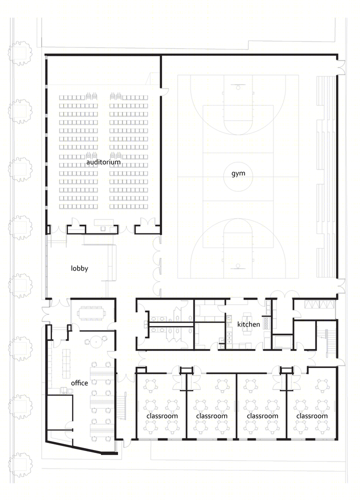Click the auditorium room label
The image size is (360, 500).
click(103, 162)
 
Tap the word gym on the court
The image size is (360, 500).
click(238, 174)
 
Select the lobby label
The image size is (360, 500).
click(79, 268)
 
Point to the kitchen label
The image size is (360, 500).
click(248, 324)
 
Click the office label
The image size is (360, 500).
click(79, 382)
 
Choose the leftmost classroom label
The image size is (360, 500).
click(162, 416)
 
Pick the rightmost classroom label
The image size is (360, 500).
click(312, 416)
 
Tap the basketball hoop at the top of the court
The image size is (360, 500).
click(238, 86)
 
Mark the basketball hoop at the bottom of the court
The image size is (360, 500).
click(238, 266)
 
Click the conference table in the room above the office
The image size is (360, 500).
click(92, 313)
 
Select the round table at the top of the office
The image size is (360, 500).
click(95, 342)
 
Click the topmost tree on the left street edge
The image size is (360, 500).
click(20, 53)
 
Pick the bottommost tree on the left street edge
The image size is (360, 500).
click(20, 464)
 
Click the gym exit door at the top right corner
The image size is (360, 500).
click(341, 67)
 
